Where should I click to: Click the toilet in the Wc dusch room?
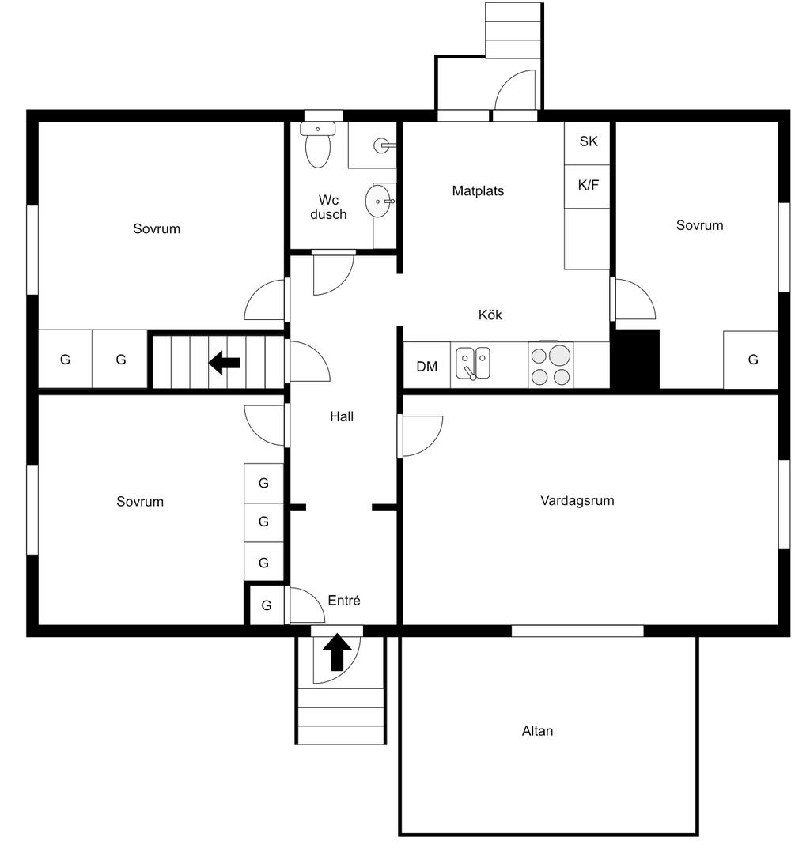(318, 145)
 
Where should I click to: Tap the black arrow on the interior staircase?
(224, 362)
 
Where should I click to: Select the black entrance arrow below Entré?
(337, 652)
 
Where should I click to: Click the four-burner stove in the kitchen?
(551, 365)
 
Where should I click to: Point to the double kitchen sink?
(473, 364)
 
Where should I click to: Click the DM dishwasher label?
(426, 367)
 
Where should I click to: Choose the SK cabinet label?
(588, 141)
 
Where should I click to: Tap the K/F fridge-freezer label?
(588, 185)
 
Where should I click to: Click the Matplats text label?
(478, 190)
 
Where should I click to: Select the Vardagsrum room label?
(577, 500)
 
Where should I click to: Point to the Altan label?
(537, 731)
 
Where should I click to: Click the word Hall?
(342, 416)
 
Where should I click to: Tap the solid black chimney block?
(635, 359)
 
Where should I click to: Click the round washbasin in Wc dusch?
(378, 201)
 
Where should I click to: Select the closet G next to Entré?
(267, 605)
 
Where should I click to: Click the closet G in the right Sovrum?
(752, 359)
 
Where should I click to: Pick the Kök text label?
(490, 315)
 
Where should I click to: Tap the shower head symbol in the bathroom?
(383, 145)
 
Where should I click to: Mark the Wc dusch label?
(328, 207)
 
